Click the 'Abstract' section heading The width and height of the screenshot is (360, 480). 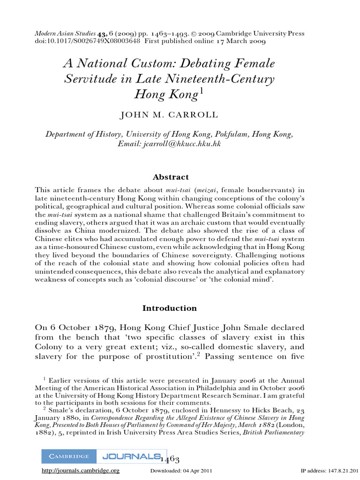click(171, 177)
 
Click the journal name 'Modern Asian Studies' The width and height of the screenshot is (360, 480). click(65, 34)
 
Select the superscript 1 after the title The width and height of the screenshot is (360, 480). click(202, 91)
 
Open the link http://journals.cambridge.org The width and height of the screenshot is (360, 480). click(81, 471)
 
